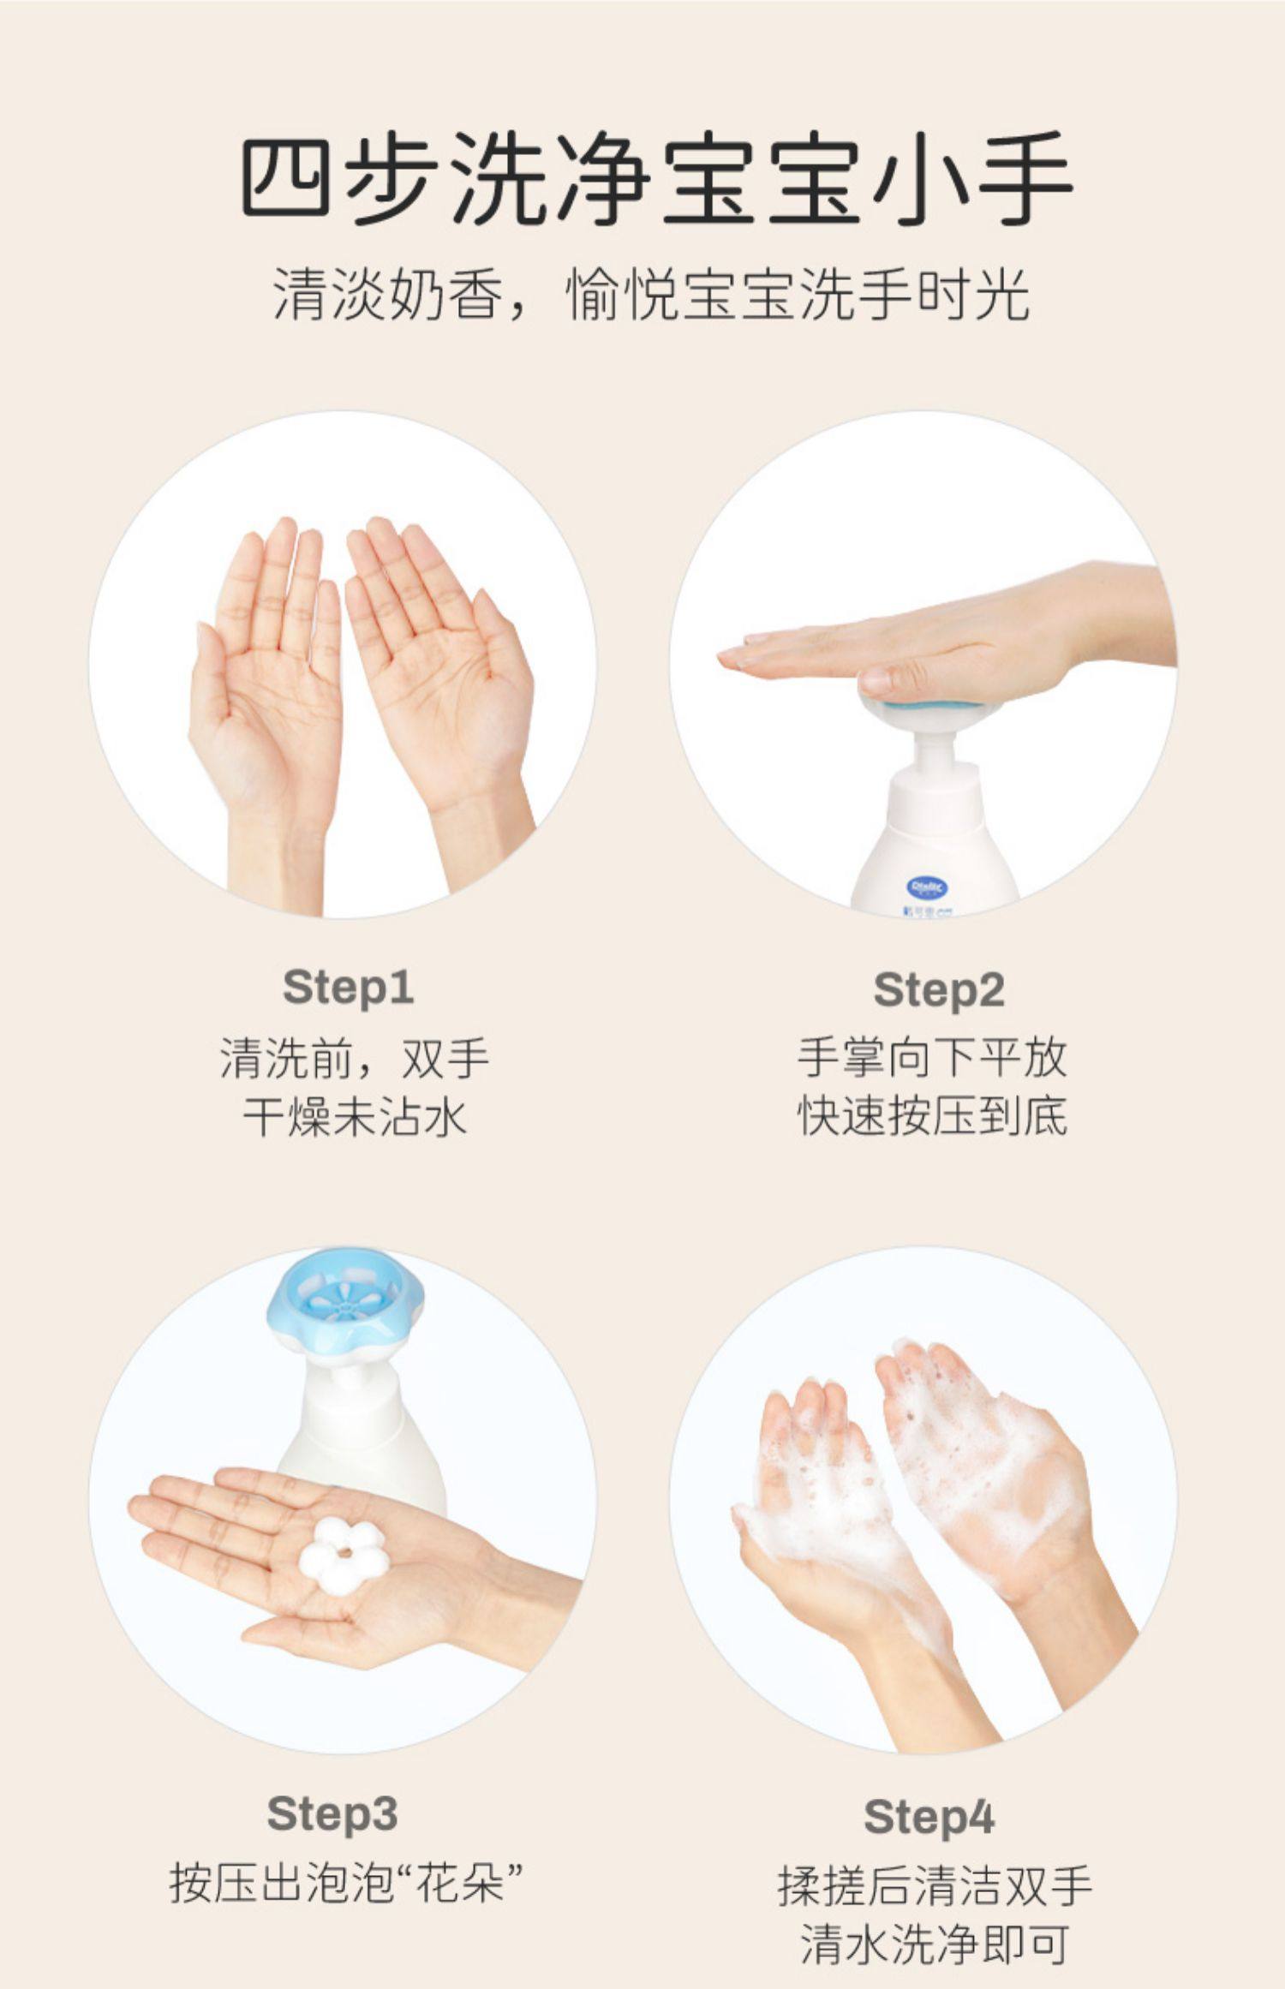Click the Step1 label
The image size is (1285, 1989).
pos(348,988)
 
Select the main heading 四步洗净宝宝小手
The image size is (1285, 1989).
pos(655,178)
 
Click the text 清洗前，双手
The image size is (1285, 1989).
pos(355,1058)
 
